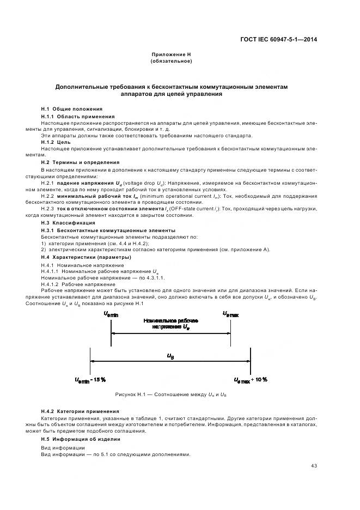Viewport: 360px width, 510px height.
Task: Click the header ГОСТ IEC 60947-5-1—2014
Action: tap(279, 39)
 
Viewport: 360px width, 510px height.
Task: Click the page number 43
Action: tap(314, 465)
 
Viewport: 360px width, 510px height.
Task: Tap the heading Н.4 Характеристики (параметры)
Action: tap(86, 257)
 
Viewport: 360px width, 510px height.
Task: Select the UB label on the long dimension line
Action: tap(170, 356)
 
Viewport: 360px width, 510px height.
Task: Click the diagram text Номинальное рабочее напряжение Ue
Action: tap(170, 324)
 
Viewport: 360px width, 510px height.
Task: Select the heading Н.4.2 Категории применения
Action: tap(80, 410)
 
